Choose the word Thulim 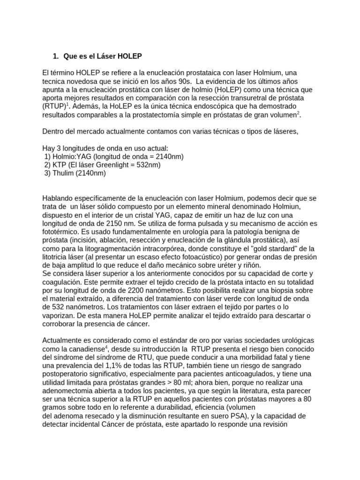[x=62, y=173]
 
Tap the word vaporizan [x=59, y=316]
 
